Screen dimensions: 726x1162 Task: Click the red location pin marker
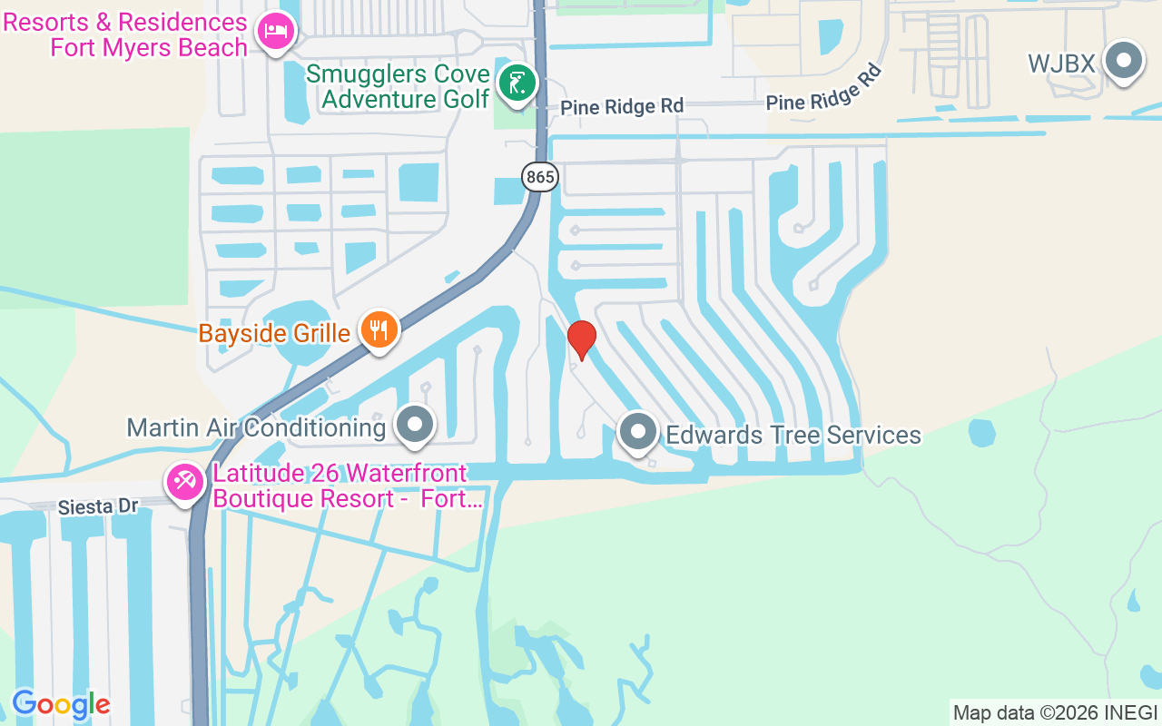[x=581, y=339]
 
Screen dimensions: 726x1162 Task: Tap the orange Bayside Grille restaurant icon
[x=379, y=329]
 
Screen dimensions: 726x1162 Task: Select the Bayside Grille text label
[x=274, y=333]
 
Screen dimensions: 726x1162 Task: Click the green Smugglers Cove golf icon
[x=517, y=83]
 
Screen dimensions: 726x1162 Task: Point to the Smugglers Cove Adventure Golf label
[x=405, y=85]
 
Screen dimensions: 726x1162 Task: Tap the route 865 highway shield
[x=540, y=177]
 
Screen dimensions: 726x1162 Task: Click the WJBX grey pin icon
[x=1124, y=62]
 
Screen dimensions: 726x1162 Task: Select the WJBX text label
[x=1061, y=64]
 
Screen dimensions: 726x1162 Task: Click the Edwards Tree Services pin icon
[x=638, y=431]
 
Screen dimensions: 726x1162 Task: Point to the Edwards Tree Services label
[x=793, y=436]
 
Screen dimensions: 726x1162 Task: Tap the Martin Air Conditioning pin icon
[x=416, y=424]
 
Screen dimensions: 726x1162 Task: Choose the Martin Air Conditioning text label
[x=256, y=427]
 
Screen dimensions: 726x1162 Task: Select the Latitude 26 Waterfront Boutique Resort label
[x=347, y=486]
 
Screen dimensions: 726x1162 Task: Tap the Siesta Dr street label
[x=97, y=505]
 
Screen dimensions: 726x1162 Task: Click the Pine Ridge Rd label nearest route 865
[x=621, y=106]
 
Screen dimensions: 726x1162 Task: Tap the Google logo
[x=61, y=704]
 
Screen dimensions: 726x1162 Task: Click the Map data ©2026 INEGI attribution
[x=1055, y=712]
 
